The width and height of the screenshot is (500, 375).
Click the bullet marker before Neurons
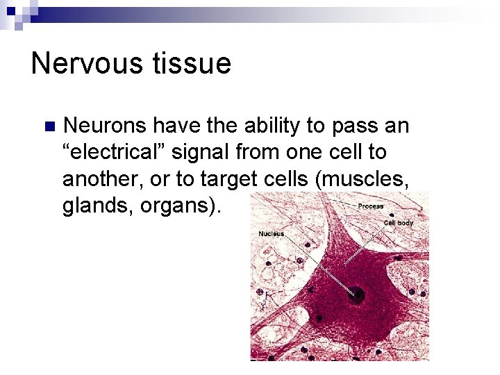(x=48, y=126)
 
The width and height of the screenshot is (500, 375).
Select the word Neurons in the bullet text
(x=104, y=126)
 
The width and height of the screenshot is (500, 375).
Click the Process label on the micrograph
(x=370, y=206)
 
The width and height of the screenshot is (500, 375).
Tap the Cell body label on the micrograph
(x=399, y=223)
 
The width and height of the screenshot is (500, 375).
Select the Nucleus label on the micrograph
(x=271, y=234)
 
